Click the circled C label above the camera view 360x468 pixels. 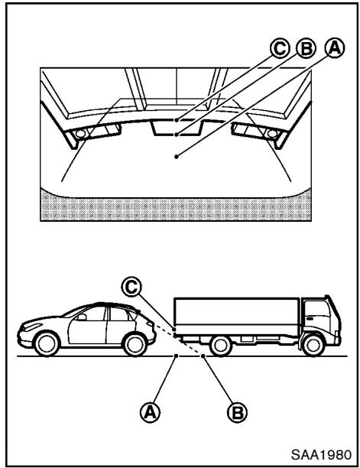tap(280, 48)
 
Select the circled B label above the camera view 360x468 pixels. tap(306, 48)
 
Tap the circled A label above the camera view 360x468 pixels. tap(335, 48)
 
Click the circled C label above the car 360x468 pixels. tap(131, 287)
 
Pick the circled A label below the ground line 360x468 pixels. tap(151, 412)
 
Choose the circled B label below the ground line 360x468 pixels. tap(238, 412)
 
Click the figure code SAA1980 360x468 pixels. tap(321, 455)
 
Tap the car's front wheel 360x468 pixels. tap(47, 343)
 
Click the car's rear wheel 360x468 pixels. tap(135, 344)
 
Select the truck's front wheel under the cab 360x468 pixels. tap(313, 346)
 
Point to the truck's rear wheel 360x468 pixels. tap(221, 346)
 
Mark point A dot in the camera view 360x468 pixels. tap(177, 157)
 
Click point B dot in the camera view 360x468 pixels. tap(177, 135)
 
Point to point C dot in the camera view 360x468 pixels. tap(177, 120)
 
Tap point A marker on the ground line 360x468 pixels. tap(177, 356)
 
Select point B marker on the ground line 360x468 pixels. tap(203, 356)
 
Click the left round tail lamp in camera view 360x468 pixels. tap(80, 134)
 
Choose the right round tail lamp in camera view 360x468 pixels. tap(272, 134)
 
